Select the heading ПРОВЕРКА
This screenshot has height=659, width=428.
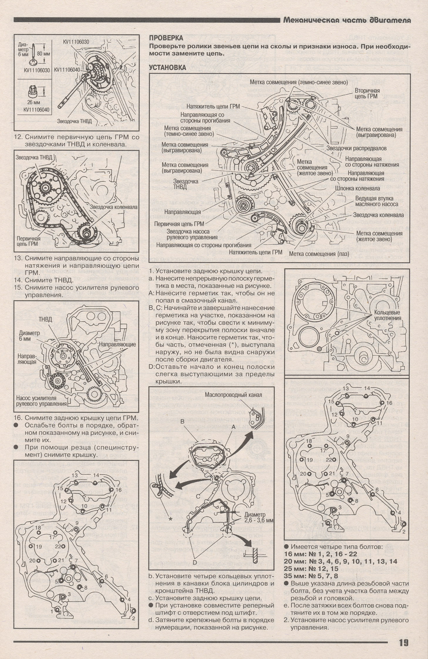(166, 38)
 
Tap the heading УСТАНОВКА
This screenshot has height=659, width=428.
(167, 68)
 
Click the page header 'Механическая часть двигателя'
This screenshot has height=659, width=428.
(347, 20)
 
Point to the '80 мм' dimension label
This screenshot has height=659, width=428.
(43, 54)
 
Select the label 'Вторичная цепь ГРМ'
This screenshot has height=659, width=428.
(367, 93)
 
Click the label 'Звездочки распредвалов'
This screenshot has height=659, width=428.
(356, 148)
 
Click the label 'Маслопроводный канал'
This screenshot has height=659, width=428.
(233, 395)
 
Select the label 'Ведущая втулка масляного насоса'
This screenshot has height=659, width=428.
(377, 201)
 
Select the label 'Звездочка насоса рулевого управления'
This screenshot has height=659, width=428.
(192, 234)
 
